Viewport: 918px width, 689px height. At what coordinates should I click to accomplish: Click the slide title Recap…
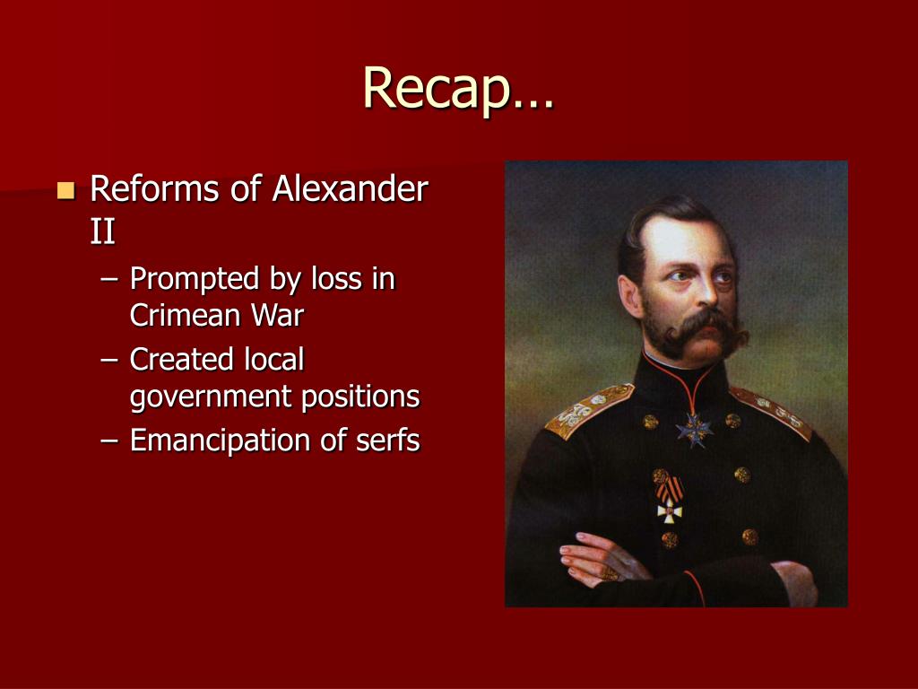[x=458, y=88]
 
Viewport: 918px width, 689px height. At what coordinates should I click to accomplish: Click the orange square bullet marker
[x=65, y=190]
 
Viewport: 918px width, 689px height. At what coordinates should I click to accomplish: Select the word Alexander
[x=351, y=189]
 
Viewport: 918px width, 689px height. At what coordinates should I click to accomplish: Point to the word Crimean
[x=185, y=315]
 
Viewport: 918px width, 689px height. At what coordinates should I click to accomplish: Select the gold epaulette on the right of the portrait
[x=773, y=411]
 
